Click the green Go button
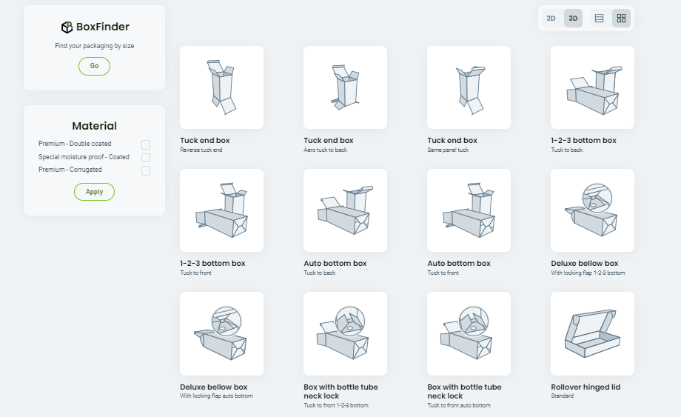coord(94,66)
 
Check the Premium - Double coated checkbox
coord(146,144)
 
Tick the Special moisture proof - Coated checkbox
coord(146,157)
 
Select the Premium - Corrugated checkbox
coord(146,170)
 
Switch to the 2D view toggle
coord(551,18)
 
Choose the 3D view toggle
coord(573,18)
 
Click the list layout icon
coord(599,18)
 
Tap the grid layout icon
coord(621,18)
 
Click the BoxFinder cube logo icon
coord(67,27)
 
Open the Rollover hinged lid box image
coord(592,333)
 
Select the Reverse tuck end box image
coord(221,87)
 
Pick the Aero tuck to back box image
coord(345,87)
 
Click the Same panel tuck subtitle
coord(448,150)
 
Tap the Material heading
coord(94,126)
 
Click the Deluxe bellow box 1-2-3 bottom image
coord(592,210)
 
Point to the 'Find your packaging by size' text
coord(94,46)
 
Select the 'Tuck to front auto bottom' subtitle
coord(458,406)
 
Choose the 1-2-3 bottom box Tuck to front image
coord(221,210)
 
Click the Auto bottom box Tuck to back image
coord(345,210)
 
